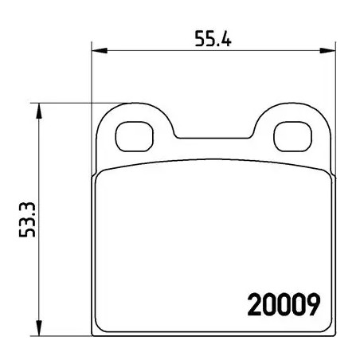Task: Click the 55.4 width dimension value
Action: (x=213, y=39)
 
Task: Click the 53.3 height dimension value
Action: (x=27, y=220)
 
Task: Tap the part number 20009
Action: (x=284, y=304)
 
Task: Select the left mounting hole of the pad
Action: (x=135, y=136)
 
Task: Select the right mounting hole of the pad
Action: (x=292, y=136)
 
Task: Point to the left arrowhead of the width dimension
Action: (x=100, y=50)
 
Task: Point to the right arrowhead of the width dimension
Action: (x=327, y=50)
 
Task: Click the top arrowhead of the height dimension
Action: (x=39, y=111)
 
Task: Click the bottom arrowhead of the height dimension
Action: (x=39, y=328)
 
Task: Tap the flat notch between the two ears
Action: (x=213, y=138)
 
